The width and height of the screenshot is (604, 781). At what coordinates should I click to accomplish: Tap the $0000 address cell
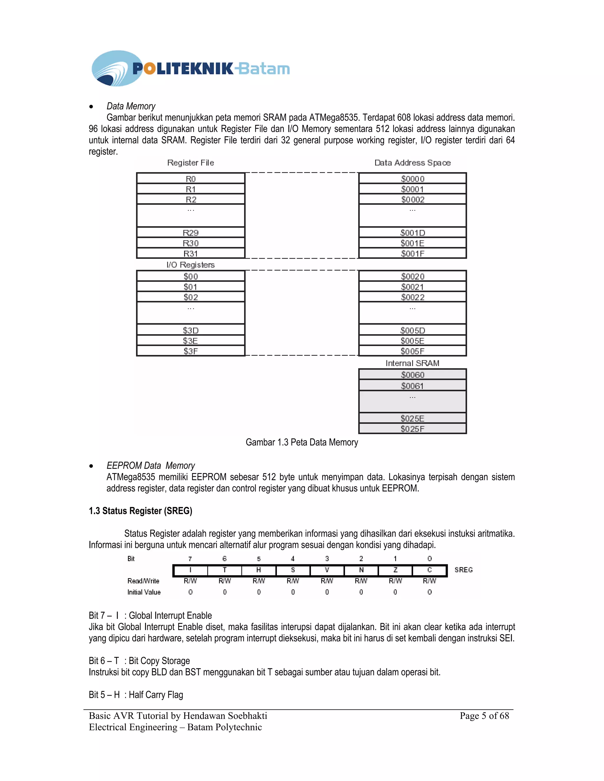(x=412, y=178)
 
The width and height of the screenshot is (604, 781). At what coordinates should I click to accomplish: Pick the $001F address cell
(x=412, y=253)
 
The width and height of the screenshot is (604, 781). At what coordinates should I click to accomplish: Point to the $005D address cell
(x=412, y=330)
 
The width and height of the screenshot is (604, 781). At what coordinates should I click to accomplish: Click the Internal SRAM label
(x=412, y=363)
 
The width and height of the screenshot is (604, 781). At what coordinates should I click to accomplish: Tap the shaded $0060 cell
(x=412, y=374)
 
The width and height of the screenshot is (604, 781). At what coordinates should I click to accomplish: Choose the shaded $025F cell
(x=412, y=429)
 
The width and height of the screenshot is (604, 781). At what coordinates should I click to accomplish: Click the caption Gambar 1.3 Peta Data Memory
(x=302, y=442)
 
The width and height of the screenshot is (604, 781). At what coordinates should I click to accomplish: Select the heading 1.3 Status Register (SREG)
(x=140, y=511)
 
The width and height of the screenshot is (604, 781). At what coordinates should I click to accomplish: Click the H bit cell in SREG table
(x=258, y=570)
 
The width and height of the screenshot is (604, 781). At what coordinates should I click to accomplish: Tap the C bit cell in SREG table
(x=429, y=570)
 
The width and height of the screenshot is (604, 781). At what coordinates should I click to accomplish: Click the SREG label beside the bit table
(x=463, y=570)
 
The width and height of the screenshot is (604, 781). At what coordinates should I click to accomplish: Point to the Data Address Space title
(x=412, y=163)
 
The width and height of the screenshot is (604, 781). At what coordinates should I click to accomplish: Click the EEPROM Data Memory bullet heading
(x=151, y=466)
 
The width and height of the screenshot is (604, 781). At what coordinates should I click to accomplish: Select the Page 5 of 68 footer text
(x=484, y=716)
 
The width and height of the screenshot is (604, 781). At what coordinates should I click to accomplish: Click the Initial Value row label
(x=144, y=592)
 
